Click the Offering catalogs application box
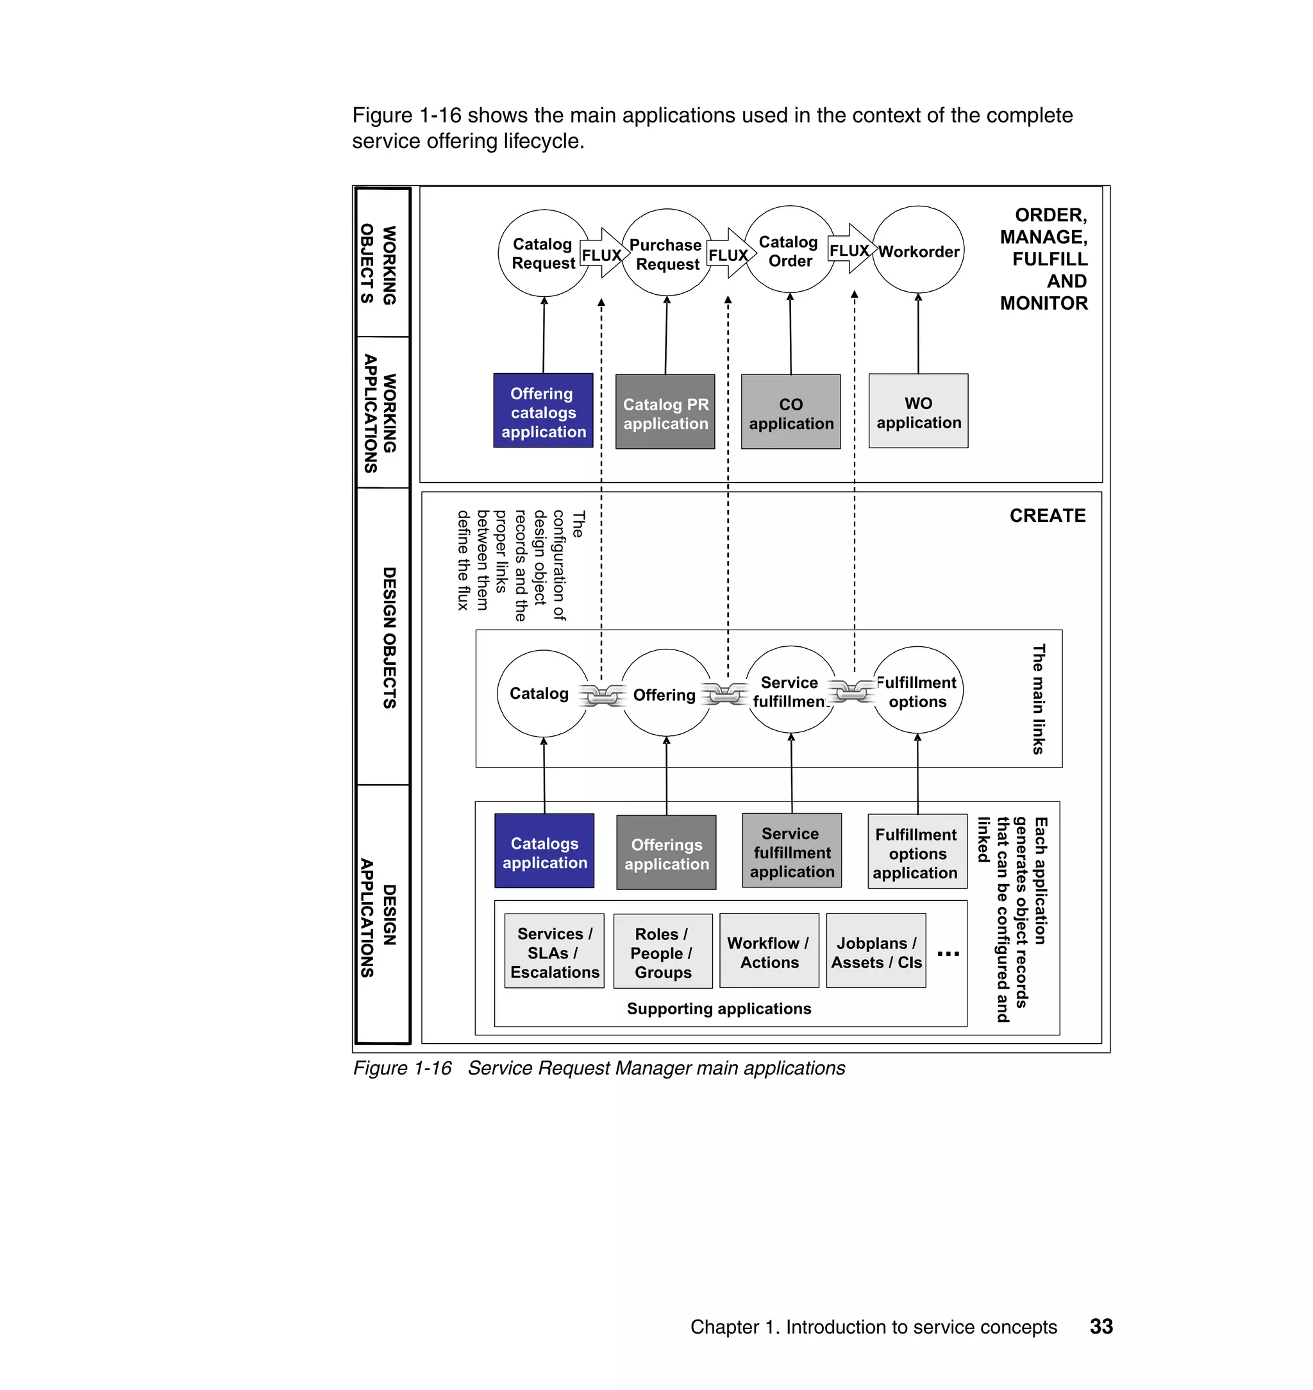click(x=543, y=411)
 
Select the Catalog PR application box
click(x=665, y=412)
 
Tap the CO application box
click(x=791, y=412)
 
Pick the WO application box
click(x=918, y=412)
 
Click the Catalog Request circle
click(x=543, y=253)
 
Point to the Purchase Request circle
click(x=666, y=253)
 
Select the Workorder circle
click(x=918, y=251)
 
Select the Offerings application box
click(x=666, y=853)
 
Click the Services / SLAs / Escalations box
click(x=555, y=952)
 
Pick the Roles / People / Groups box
click(x=663, y=952)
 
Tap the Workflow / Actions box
click(x=769, y=952)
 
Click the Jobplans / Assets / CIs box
click(x=876, y=952)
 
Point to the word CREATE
click(x=1047, y=516)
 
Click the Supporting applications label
click(x=719, y=1009)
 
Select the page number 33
click(x=1101, y=1327)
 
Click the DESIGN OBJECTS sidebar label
click(x=389, y=637)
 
